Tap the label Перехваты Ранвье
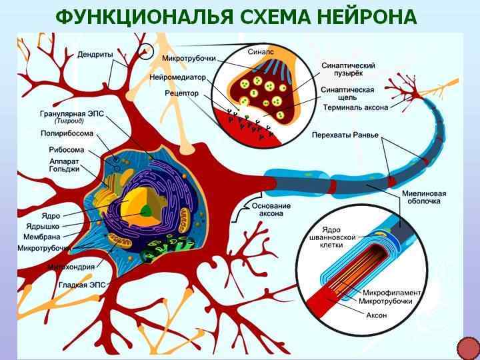(x=345, y=135)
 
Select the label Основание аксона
(x=271, y=210)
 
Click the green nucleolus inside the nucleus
(x=146, y=211)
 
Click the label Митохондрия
(x=70, y=267)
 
